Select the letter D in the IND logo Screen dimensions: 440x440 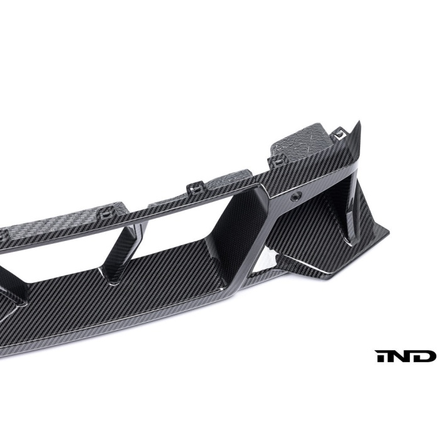[x=424, y=356]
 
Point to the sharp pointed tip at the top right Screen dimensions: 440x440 [x=360, y=121]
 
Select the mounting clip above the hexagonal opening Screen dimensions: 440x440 [x=193, y=188]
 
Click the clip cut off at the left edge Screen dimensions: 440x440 [x=3, y=233]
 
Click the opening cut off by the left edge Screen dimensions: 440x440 [x=38, y=264]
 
